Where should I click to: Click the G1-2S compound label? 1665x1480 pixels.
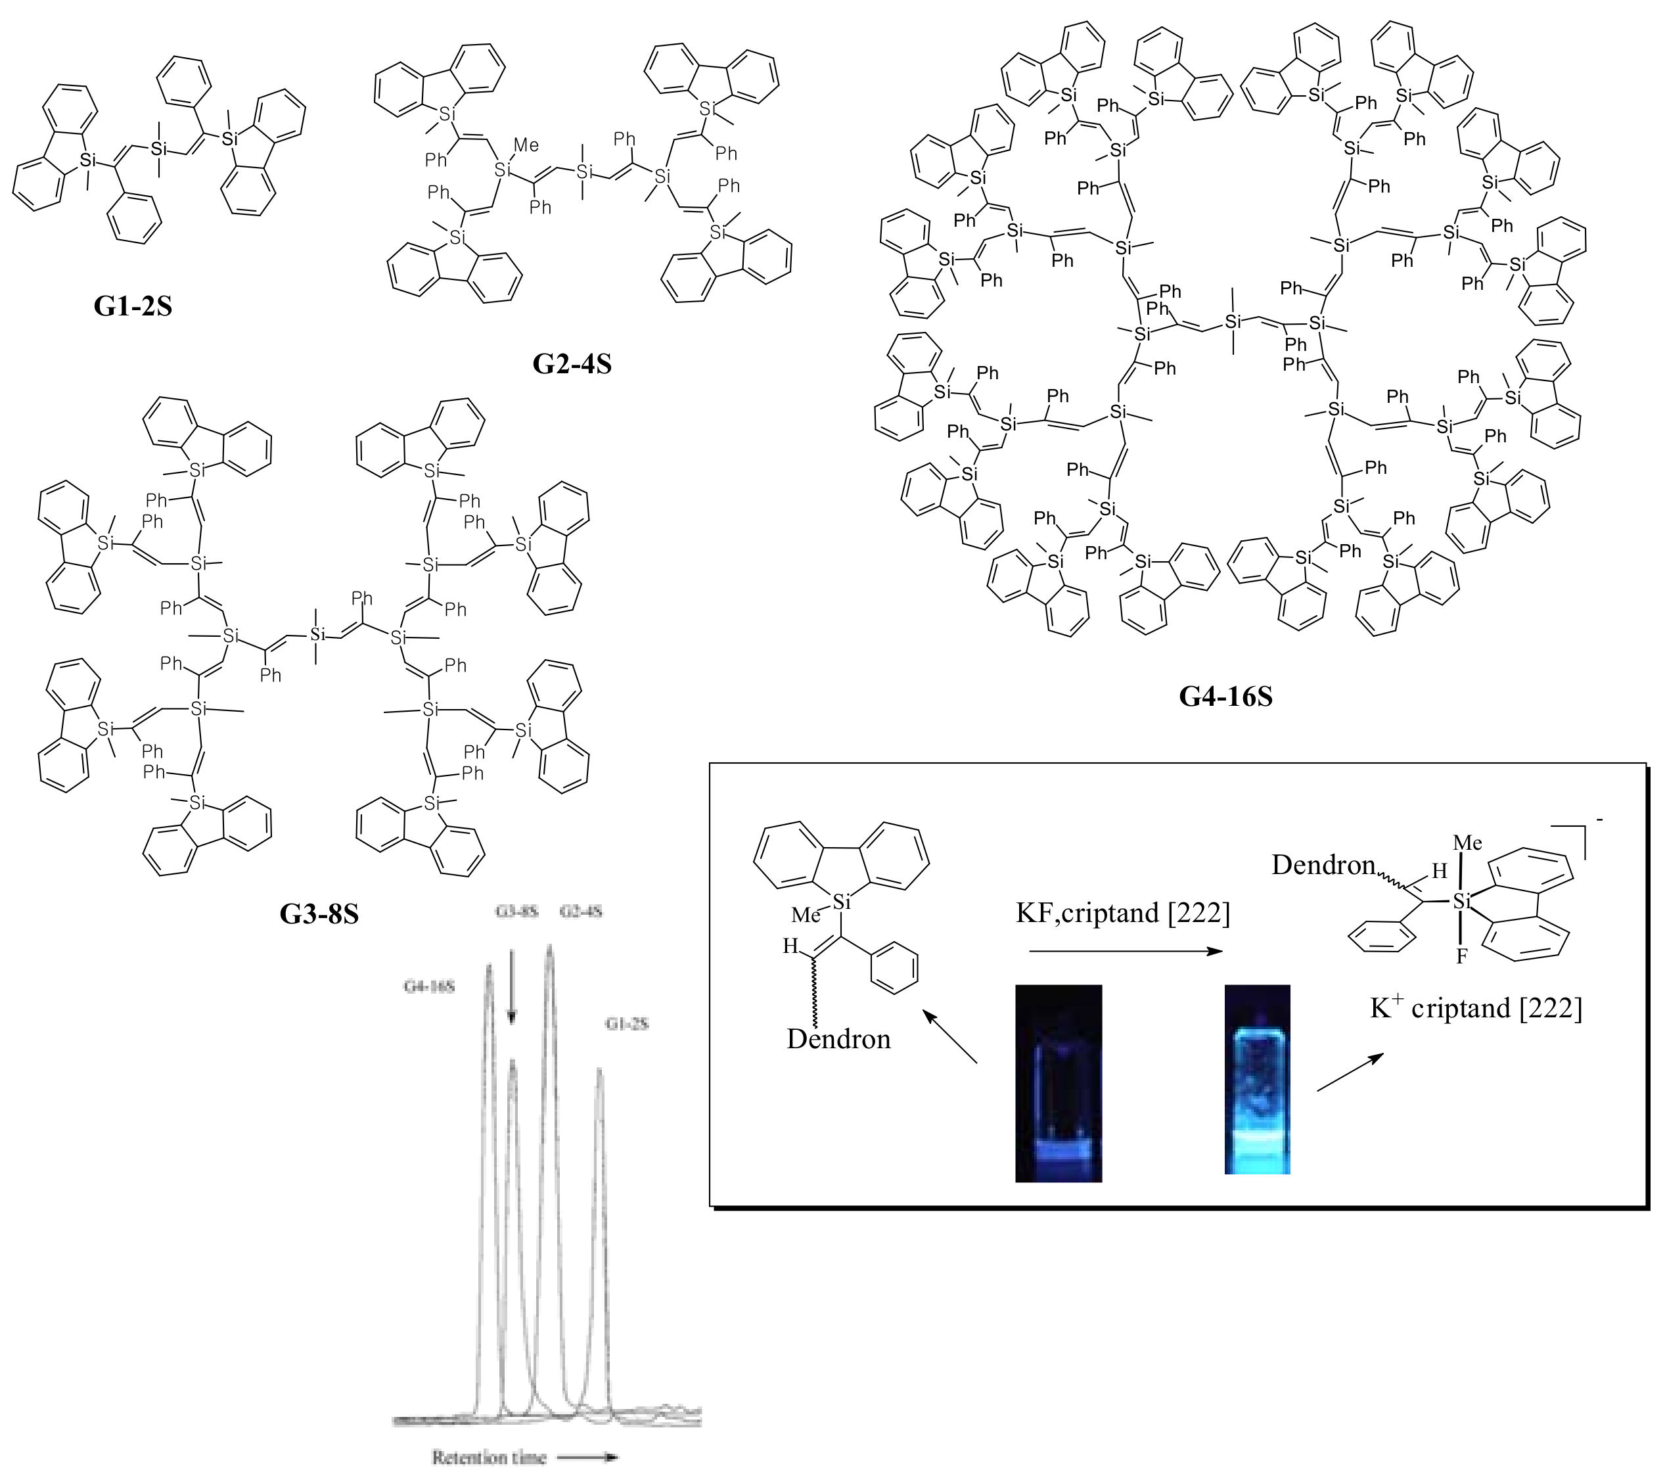(133, 306)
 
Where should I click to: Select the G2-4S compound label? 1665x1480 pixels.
(572, 363)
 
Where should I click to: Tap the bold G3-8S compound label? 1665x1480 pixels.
(319, 914)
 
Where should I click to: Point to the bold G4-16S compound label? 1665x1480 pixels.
(1225, 697)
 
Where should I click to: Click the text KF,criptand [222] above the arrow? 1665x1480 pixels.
(1122, 913)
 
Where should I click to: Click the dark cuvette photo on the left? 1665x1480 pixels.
(1058, 1082)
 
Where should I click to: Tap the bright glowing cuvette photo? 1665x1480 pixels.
(1257, 1079)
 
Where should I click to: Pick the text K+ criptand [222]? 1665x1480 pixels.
(1475, 1008)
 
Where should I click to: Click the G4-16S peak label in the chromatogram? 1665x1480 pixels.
(429, 986)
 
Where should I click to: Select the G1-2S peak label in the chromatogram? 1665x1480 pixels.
(626, 1024)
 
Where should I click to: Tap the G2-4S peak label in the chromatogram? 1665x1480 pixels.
(581, 912)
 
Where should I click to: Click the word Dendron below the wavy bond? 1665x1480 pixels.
(838, 1039)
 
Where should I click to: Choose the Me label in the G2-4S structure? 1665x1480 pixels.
(526, 146)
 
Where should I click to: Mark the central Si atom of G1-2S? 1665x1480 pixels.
(159, 149)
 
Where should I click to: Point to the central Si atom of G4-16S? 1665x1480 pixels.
(1233, 323)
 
